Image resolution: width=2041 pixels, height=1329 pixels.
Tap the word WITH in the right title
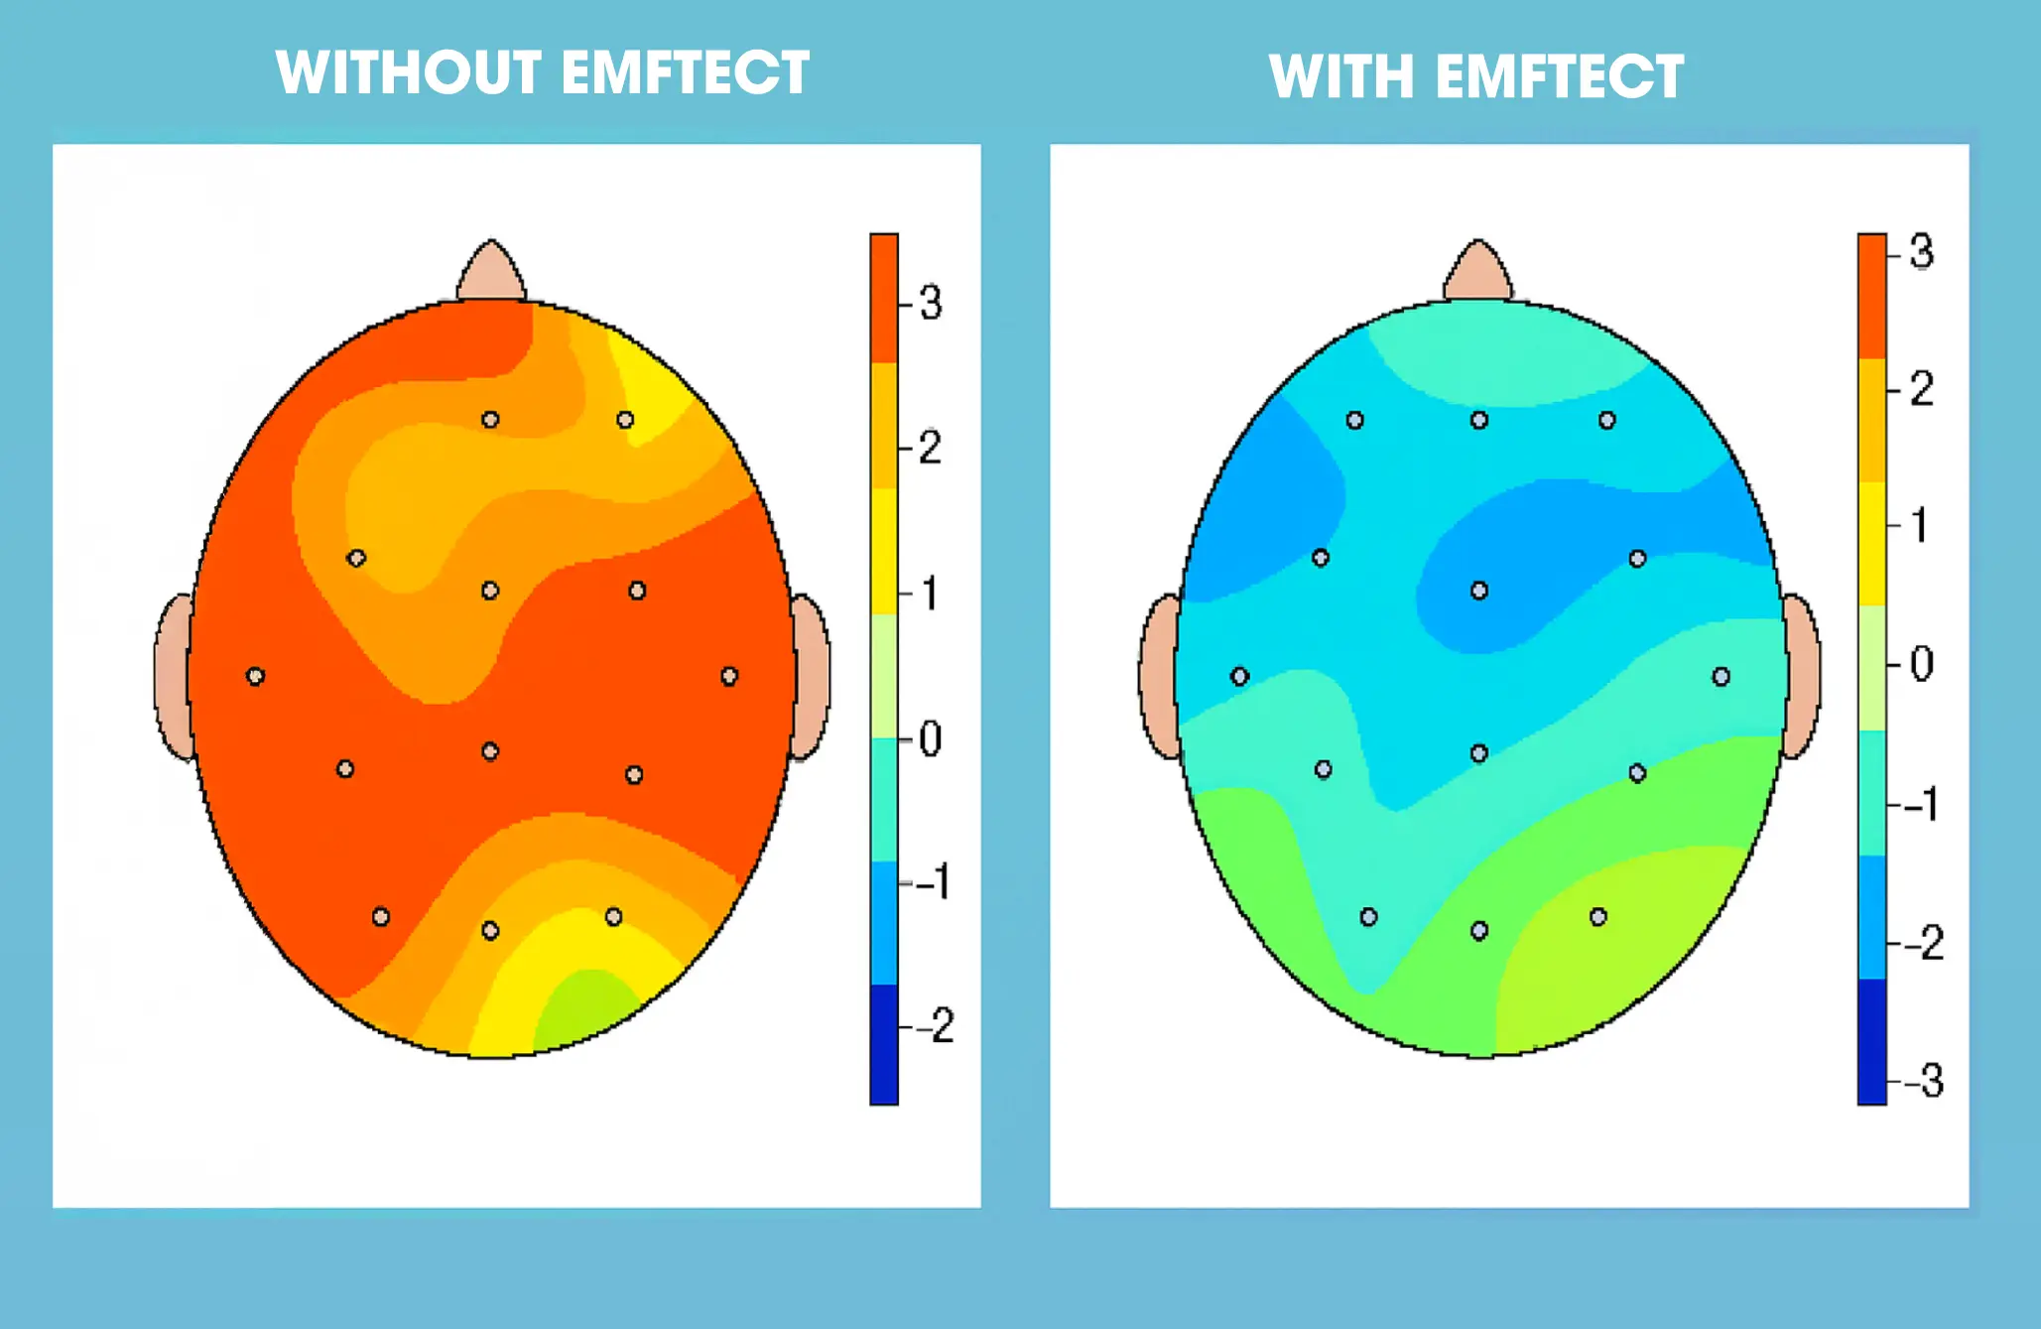click(1339, 76)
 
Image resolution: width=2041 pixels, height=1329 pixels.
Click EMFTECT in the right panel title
click(1559, 76)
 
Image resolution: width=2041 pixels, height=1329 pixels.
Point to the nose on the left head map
click(491, 272)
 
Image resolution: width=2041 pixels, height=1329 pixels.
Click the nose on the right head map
click(1478, 272)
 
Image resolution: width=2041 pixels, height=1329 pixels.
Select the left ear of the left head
click(173, 677)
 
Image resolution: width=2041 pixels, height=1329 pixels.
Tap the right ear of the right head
click(1801, 677)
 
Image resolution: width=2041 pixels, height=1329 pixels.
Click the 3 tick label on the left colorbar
click(930, 303)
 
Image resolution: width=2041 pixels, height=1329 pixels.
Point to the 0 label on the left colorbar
click(930, 739)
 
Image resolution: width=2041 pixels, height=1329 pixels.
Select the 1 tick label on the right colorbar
click(1920, 525)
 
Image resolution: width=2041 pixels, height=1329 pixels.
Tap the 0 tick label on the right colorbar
click(1921, 664)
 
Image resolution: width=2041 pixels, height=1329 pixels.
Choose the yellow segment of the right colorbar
click(1871, 543)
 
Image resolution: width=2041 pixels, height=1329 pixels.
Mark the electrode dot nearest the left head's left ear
click(255, 677)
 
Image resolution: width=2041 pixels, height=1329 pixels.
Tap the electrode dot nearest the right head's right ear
click(1721, 677)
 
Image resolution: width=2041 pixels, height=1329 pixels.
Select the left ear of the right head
click(1159, 677)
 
